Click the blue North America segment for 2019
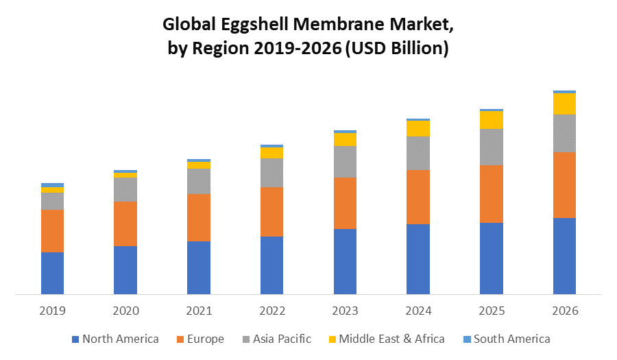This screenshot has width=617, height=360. tap(52, 273)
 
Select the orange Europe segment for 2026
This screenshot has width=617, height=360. tap(564, 184)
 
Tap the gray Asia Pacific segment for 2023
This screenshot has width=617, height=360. tap(345, 162)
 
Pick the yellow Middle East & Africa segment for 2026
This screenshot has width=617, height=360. tap(564, 104)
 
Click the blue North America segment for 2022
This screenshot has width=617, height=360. tap(271, 265)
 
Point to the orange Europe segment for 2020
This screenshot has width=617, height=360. tap(125, 224)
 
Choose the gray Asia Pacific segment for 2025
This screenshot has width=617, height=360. tap(491, 147)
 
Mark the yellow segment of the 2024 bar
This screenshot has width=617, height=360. tap(418, 128)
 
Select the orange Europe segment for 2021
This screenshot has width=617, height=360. tap(199, 217)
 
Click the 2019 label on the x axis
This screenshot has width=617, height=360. tap(52, 311)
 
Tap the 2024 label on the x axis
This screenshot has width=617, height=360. tap(418, 311)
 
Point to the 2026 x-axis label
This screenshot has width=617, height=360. tap(564, 311)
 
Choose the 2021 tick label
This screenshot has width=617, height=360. tap(199, 311)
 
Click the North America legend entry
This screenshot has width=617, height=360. tap(116, 339)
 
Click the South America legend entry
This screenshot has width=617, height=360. tap(507, 339)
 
